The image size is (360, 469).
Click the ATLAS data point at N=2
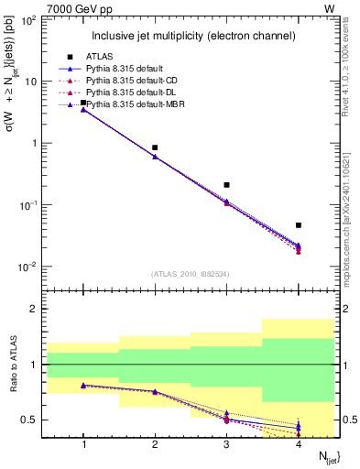155,147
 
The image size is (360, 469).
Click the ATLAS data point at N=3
226,185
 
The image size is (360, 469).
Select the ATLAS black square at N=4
299,224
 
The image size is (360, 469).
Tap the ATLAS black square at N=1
83,103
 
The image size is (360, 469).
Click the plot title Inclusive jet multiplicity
192,37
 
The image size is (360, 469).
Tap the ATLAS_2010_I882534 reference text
191,273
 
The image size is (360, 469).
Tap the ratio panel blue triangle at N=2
155,391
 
